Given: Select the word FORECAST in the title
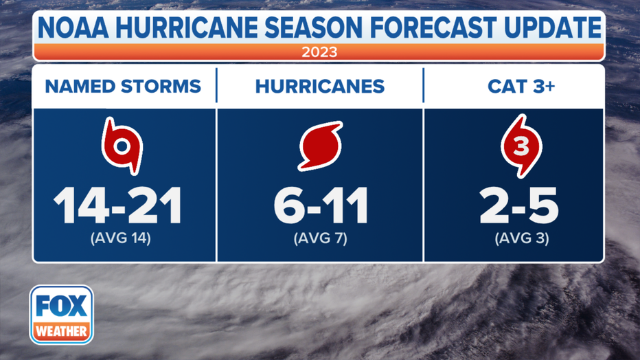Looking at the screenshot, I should click(443, 28).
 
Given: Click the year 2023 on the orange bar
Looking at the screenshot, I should click(319, 52).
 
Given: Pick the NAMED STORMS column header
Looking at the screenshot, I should click(123, 87).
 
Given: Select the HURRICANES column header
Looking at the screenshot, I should click(319, 87).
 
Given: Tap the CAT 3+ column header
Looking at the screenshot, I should click(514, 87).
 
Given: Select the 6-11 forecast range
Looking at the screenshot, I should click(321, 205).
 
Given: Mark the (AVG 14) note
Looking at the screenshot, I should click(122, 240).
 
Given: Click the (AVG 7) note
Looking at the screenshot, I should click(321, 240).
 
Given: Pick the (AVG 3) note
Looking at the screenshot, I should click(522, 240).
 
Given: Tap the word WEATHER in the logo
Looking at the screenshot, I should click(61, 331).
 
